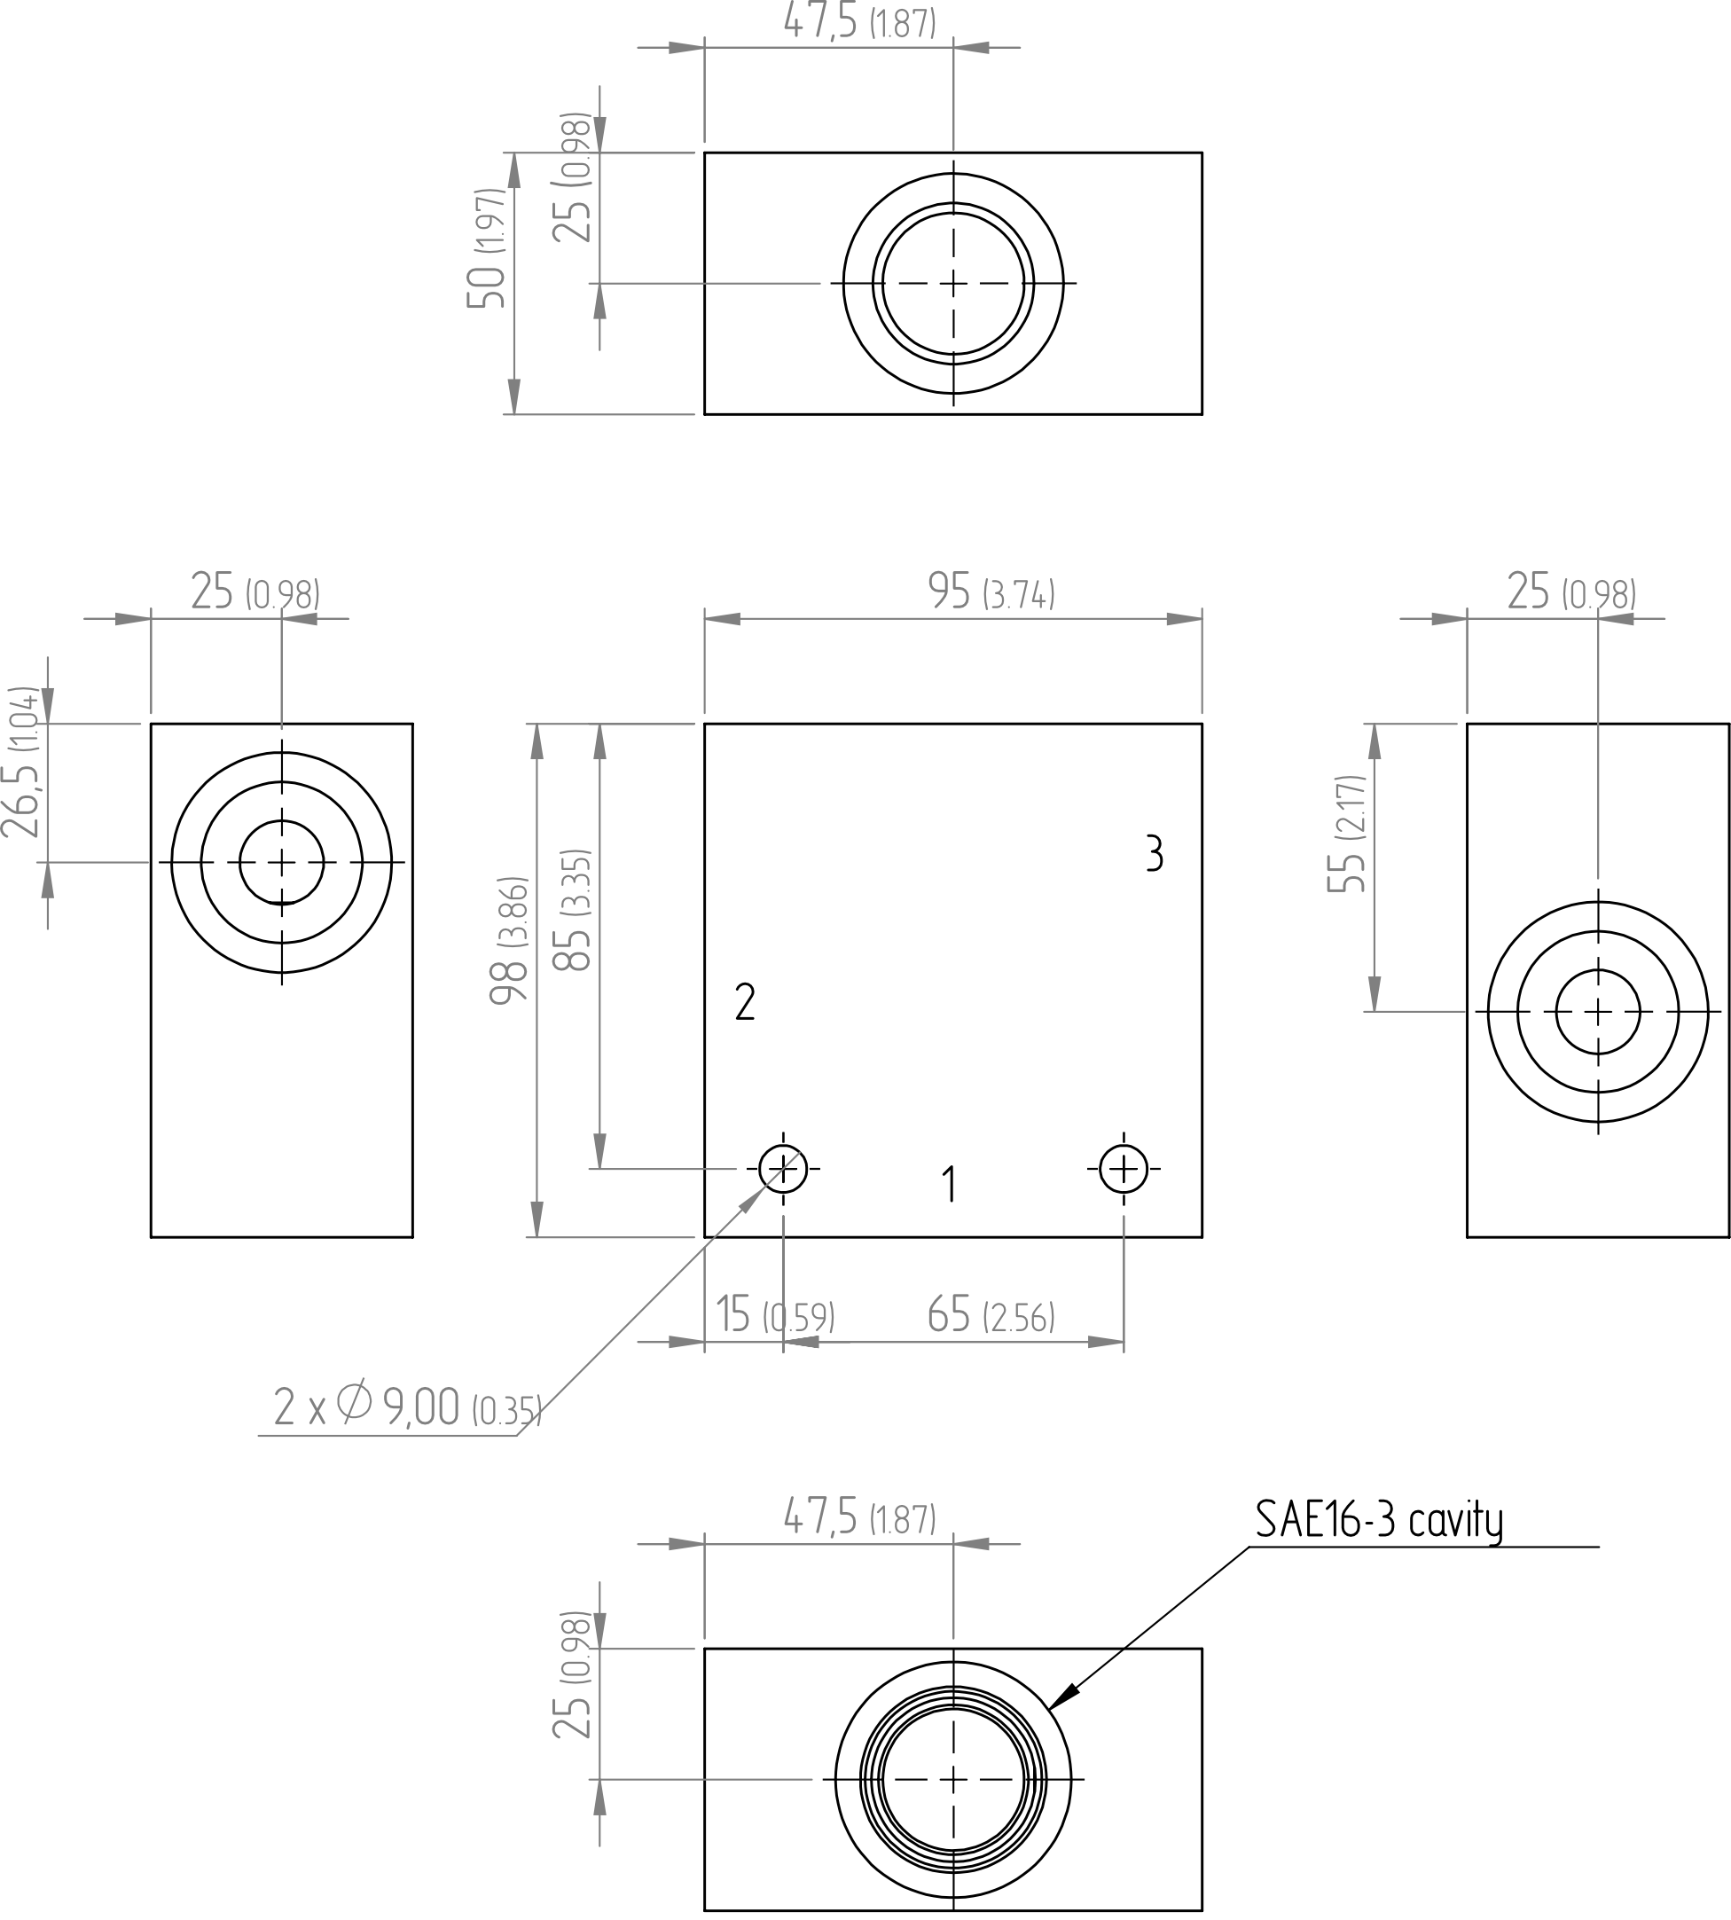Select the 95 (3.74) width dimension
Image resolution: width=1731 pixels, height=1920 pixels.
pos(991,592)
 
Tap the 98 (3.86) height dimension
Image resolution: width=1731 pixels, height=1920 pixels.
pos(508,939)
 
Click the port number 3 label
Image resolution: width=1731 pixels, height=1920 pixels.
pos(1154,853)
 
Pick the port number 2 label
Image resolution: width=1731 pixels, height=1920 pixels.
pos(745,1002)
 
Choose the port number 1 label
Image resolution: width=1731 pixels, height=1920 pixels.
pos(948,1184)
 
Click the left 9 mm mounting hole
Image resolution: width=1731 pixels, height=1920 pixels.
pos(783,1168)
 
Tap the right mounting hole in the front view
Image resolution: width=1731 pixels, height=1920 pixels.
pos(1124,1168)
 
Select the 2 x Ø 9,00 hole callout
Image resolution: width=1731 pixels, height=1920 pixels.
pos(407,1406)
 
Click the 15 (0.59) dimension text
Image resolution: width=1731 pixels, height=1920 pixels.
pos(775,1315)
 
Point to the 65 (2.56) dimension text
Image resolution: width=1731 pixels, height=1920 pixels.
pos(991,1315)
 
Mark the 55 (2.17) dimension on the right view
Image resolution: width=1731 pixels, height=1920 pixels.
pos(1346,833)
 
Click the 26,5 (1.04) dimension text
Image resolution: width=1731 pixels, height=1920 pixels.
pos(21,762)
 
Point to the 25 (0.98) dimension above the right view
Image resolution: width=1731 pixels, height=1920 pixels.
pos(1571,592)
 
